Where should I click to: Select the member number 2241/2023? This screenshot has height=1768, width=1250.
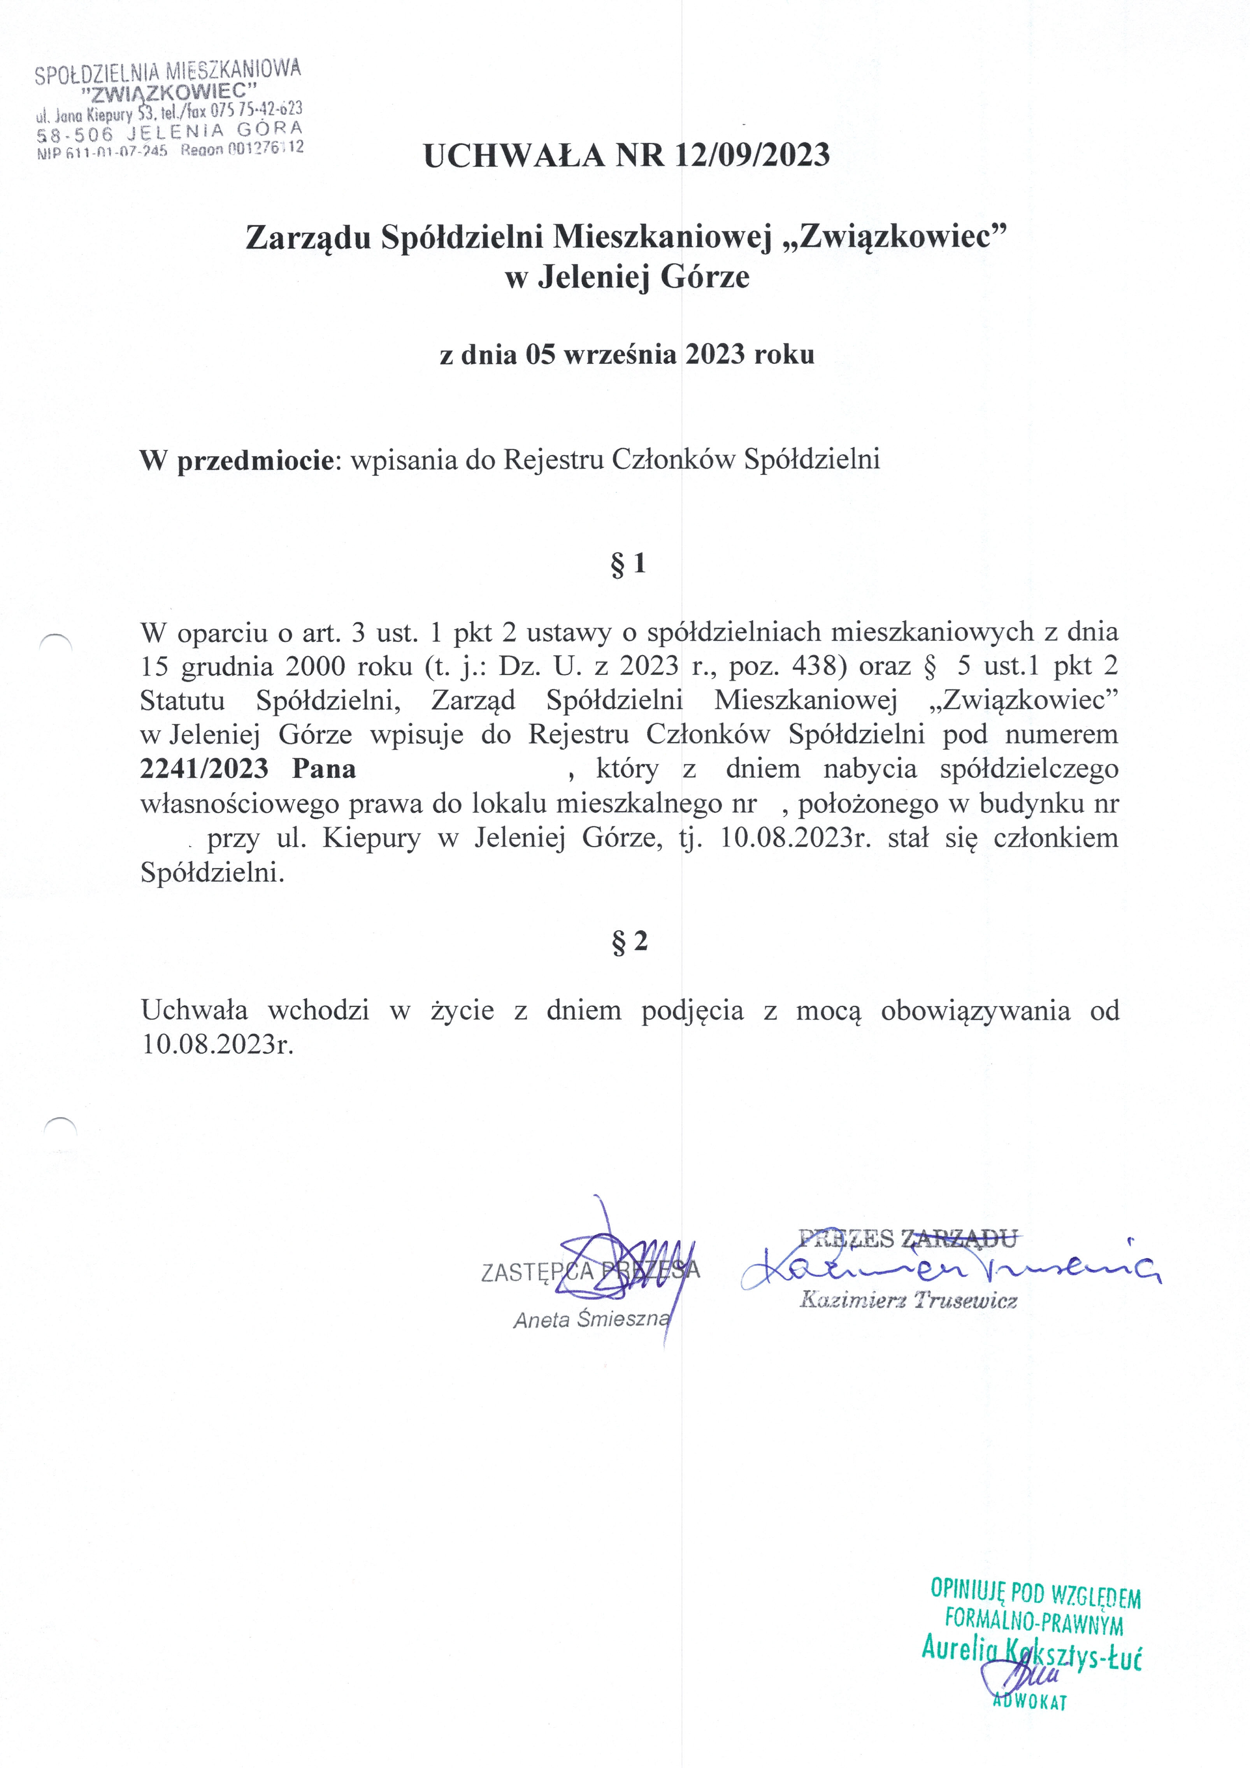click(204, 769)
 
